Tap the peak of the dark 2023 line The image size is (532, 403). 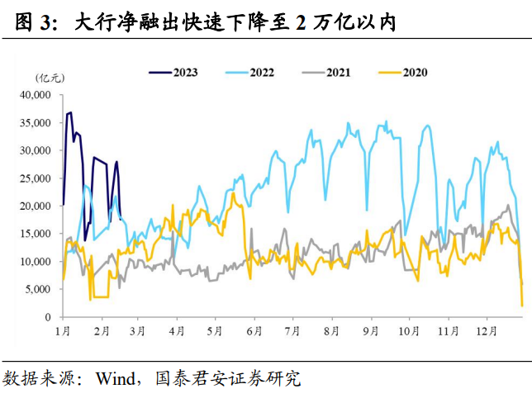(x=70, y=112)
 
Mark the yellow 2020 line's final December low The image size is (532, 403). (x=522, y=306)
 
